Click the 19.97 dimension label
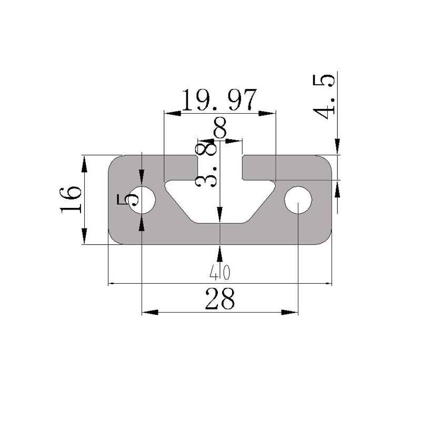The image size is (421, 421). tap(219, 100)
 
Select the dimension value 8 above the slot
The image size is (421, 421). tap(220, 128)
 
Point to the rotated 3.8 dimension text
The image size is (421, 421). tap(205, 166)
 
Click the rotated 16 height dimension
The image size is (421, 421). tap(72, 199)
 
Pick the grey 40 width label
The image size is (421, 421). tap(220, 272)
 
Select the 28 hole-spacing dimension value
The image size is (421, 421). tap(220, 300)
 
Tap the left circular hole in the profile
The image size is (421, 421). tap(142, 200)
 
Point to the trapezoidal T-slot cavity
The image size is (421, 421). tap(219, 203)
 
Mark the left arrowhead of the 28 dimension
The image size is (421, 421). tap(150, 313)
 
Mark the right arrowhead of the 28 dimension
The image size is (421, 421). tap(290, 313)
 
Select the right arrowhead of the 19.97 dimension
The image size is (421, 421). tap(268, 112)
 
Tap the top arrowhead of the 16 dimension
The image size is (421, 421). tap(84, 164)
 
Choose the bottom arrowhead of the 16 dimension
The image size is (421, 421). tap(84, 235)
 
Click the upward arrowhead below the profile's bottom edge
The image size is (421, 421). tap(219, 254)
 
